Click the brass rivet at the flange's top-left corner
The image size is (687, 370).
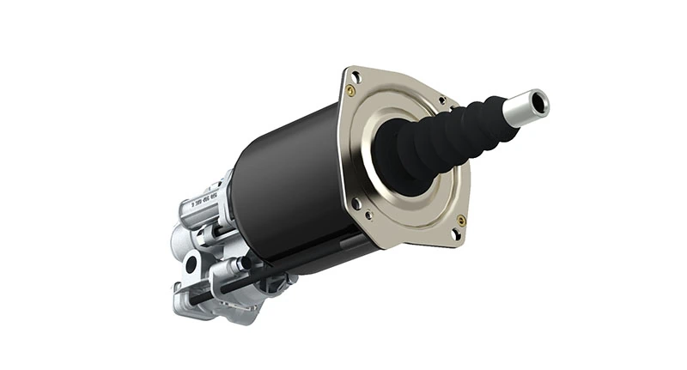click(350, 89)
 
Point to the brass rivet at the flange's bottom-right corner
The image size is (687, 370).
click(461, 221)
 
